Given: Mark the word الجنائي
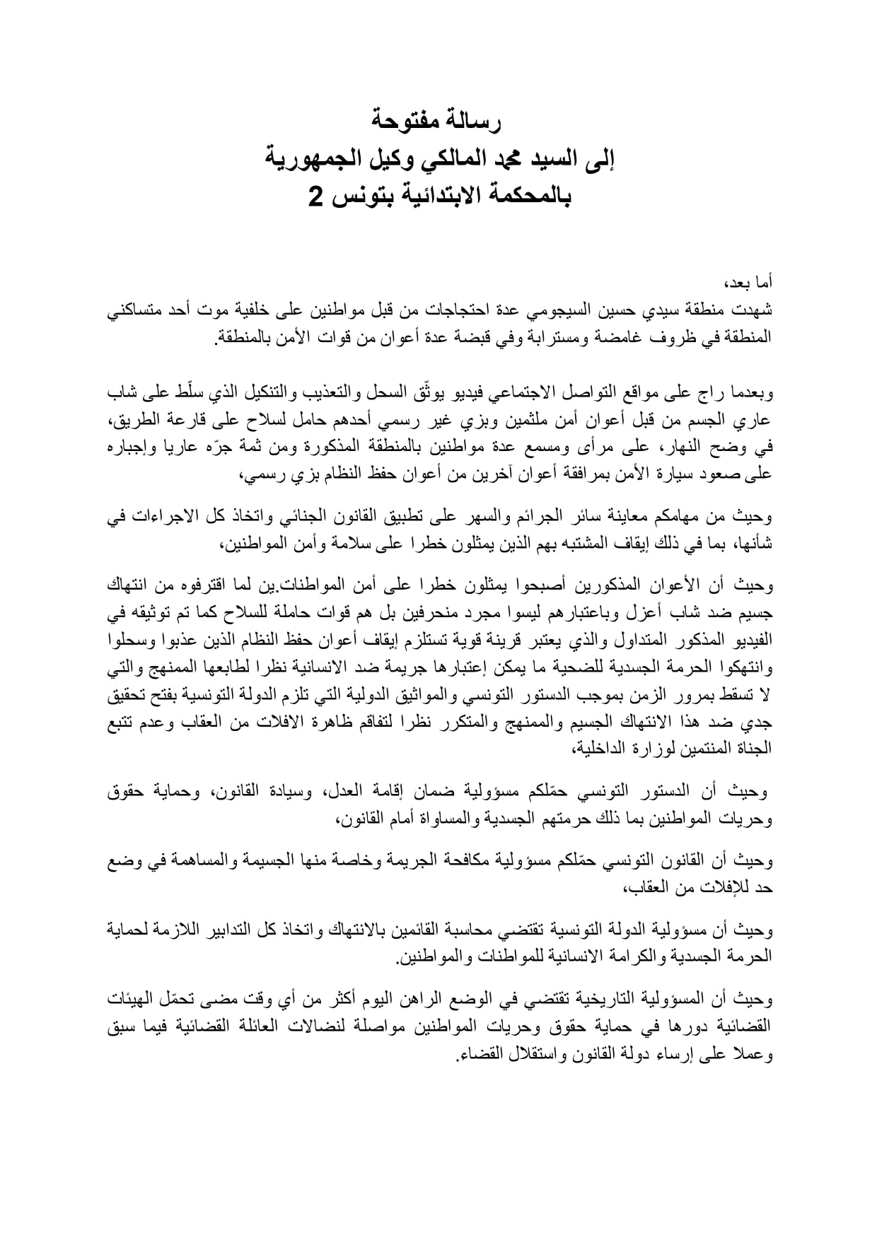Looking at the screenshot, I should (341, 517).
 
